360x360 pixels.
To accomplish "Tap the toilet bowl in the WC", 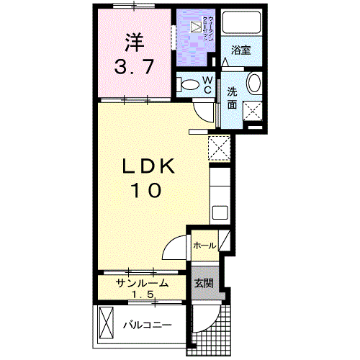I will (x=190, y=85).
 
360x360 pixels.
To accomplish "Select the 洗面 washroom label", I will (x=233, y=97).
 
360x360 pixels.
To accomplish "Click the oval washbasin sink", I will (x=255, y=85).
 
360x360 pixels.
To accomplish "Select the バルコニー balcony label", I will (x=146, y=325).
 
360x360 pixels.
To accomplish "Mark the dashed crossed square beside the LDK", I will (x=218, y=146).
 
